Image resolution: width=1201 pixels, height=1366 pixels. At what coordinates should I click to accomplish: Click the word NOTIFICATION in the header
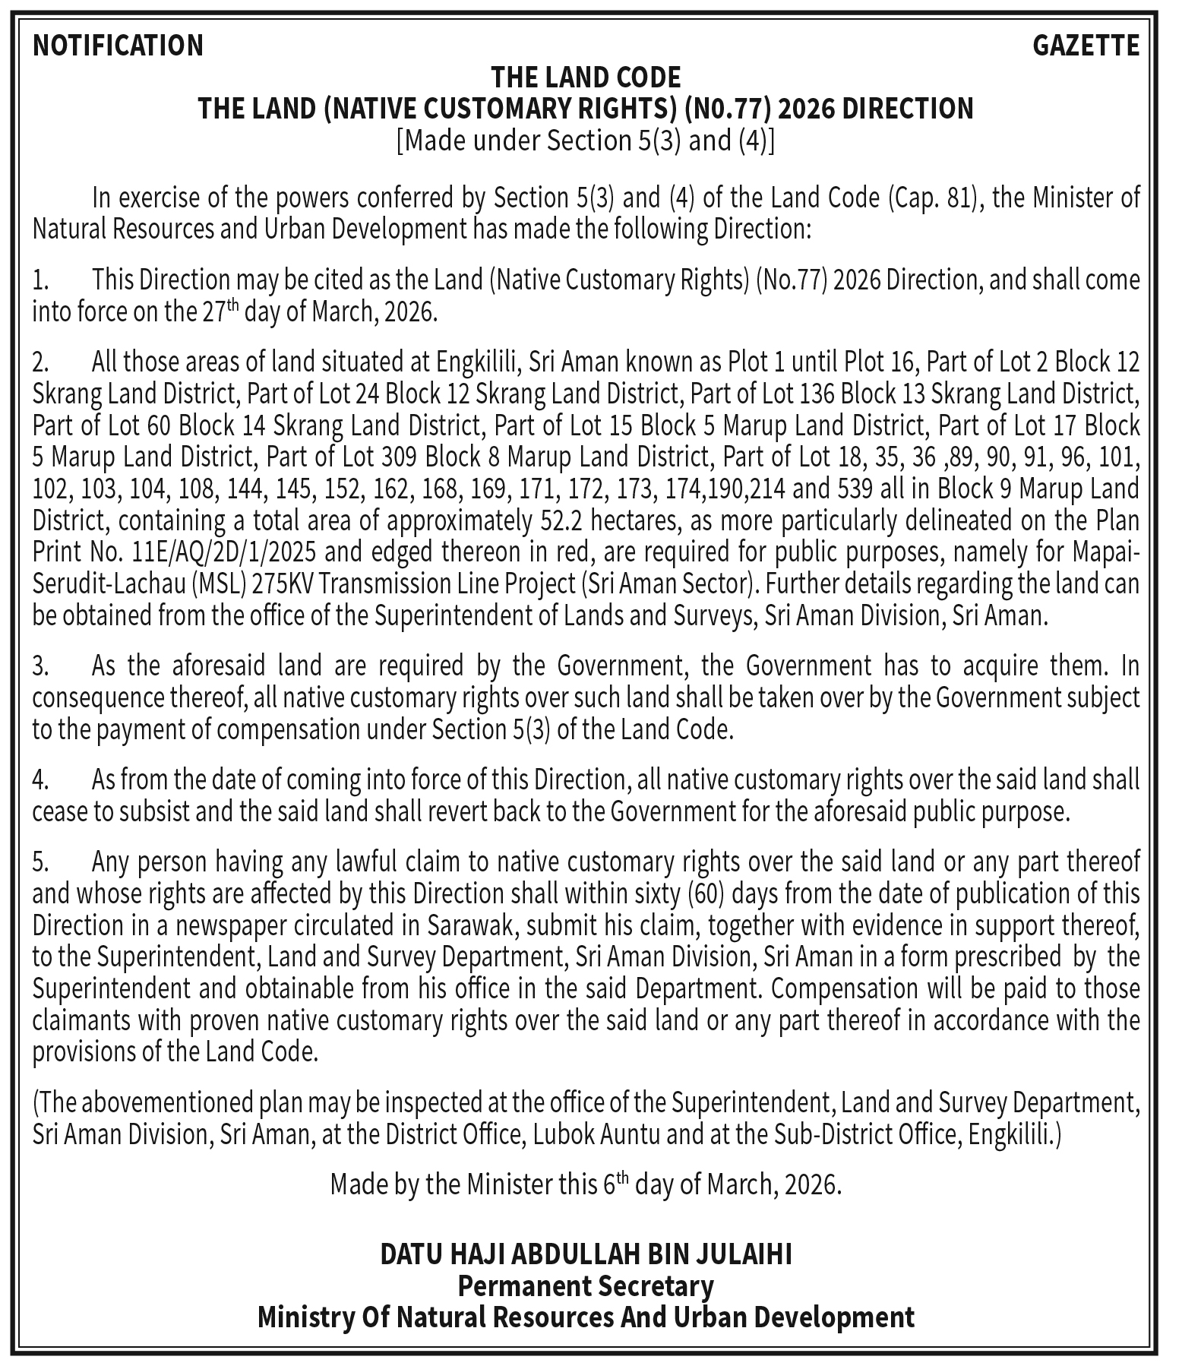pyautogui.click(x=118, y=46)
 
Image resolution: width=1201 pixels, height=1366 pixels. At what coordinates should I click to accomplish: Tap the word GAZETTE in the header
pyautogui.click(x=1086, y=46)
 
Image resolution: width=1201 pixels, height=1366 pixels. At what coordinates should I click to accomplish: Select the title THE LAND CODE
pyautogui.click(x=586, y=77)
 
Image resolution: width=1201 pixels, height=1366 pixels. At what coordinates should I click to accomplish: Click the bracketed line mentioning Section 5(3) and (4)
pyautogui.click(x=586, y=141)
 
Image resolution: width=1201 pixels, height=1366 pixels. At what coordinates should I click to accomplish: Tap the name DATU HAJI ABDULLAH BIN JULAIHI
pyautogui.click(x=586, y=1254)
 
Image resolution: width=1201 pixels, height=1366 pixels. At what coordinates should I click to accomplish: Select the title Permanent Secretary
pyautogui.click(x=586, y=1285)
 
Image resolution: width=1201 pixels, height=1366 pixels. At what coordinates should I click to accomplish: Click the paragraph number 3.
pyautogui.click(x=40, y=666)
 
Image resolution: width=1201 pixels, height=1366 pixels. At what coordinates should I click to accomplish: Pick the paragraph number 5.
pyautogui.click(x=40, y=862)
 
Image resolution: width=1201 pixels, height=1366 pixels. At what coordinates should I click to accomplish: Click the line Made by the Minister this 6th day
pyautogui.click(x=586, y=1185)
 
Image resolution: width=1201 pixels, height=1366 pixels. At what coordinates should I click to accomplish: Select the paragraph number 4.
pyautogui.click(x=40, y=780)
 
